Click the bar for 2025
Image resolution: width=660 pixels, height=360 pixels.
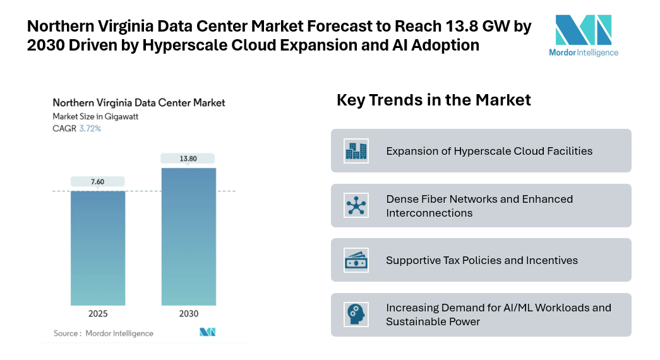(x=98, y=248)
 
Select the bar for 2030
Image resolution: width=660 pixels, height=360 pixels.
(x=188, y=236)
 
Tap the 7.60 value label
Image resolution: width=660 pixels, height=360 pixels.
(x=97, y=182)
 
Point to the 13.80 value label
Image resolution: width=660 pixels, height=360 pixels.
(x=188, y=159)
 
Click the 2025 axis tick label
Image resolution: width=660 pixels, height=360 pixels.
(x=98, y=314)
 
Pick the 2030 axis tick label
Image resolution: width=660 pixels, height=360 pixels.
(x=188, y=314)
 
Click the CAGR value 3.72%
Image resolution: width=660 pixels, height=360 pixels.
(x=90, y=128)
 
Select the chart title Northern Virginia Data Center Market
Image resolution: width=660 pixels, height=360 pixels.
(x=138, y=102)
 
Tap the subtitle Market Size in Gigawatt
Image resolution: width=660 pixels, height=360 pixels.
(x=95, y=116)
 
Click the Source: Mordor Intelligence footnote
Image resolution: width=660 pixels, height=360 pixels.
(x=103, y=333)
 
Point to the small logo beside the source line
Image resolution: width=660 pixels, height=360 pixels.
(x=208, y=332)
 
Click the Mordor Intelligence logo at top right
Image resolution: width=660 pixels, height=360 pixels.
(x=583, y=35)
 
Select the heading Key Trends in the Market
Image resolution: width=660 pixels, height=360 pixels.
(x=433, y=100)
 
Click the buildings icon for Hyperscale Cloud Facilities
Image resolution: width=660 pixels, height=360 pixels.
(x=356, y=150)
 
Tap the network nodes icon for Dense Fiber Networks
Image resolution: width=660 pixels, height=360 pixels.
(x=356, y=205)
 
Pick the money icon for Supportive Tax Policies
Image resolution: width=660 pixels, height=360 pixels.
(x=356, y=260)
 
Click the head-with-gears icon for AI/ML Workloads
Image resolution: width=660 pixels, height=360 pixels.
(x=356, y=315)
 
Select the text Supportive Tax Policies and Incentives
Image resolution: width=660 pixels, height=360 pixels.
(x=482, y=260)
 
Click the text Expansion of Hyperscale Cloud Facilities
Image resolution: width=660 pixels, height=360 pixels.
(x=489, y=151)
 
